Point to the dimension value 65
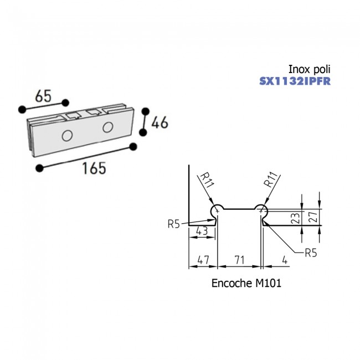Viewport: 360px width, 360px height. tap(45, 95)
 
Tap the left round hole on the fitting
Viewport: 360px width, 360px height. tap(68, 135)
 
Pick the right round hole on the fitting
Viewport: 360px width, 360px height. tap(107, 128)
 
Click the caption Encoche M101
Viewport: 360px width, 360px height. tap(246, 283)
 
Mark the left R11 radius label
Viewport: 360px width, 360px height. tap(207, 181)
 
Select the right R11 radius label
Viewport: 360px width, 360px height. tap(271, 179)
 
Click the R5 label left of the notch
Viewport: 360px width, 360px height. tap(174, 224)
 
